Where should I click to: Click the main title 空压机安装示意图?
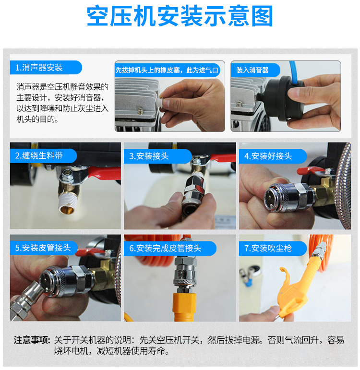pos(180,17)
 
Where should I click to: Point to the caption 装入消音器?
pos(252,70)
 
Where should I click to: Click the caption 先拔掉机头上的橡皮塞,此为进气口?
pos(167,70)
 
